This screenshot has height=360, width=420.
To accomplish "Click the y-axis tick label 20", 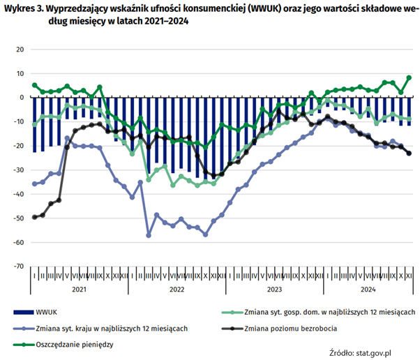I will pyautogui.click(x=20, y=50).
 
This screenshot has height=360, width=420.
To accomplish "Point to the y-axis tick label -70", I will pyautogui.click(x=18, y=267).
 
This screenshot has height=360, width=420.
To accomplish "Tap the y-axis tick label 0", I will pyautogui.click(x=22, y=98).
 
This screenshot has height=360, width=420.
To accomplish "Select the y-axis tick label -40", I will pyautogui.click(x=18, y=194).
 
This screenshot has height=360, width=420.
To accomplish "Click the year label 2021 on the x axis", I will pyautogui.click(x=79, y=289).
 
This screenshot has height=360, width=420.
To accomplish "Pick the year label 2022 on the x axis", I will pyautogui.click(x=175, y=289).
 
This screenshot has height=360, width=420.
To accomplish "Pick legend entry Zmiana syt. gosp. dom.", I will pyautogui.click(x=328, y=312).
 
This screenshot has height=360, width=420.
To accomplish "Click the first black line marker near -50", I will pyautogui.click(x=35, y=217).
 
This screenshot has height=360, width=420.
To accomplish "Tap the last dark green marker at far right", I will pyautogui.click(x=409, y=77).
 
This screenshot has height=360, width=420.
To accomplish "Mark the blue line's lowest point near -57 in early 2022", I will pyautogui.click(x=148, y=235).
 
